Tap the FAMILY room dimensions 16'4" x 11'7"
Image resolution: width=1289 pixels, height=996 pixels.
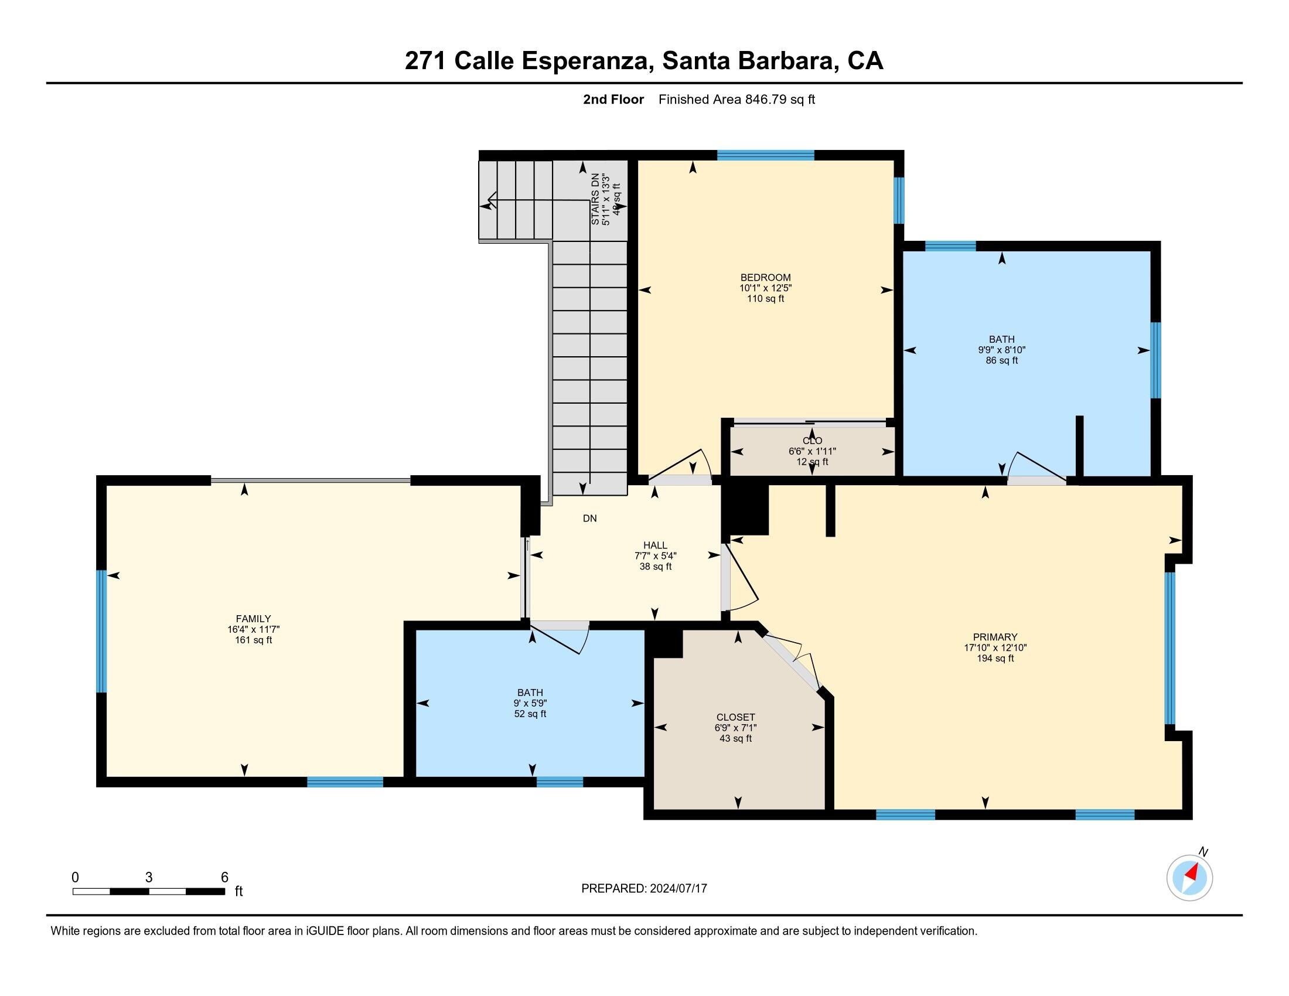click(x=253, y=630)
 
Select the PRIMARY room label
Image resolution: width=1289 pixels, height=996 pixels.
click(x=995, y=637)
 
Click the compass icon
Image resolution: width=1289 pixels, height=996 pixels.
click(x=1189, y=878)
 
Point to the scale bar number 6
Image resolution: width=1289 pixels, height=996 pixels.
click(x=224, y=878)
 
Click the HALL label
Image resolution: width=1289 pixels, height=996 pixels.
click(x=655, y=545)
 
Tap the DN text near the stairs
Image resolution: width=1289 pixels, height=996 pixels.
click(x=589, y=518)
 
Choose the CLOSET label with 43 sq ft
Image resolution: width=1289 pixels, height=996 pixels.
click(x=735, y=718)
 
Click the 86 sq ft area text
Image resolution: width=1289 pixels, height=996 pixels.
click(x=1001, y=360)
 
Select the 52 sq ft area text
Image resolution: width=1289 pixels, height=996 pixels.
click(x=530, y=714)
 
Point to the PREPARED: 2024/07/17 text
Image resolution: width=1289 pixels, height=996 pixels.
click(x=644, y=889)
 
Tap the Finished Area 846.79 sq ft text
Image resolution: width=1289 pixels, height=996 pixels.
click(x=736, y=100)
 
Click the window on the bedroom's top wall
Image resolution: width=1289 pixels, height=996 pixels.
click(x=766, y=156)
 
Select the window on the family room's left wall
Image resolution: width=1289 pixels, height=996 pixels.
click(x=101, y=631)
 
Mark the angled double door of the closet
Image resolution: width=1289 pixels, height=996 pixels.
click(x=791, y=660)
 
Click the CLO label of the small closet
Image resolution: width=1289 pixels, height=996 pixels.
click(x=812, y=441)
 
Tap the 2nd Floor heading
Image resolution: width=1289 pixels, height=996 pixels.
click(x=613, y=100)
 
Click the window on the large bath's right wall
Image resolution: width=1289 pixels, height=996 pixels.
click(x=1155, y=360)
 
